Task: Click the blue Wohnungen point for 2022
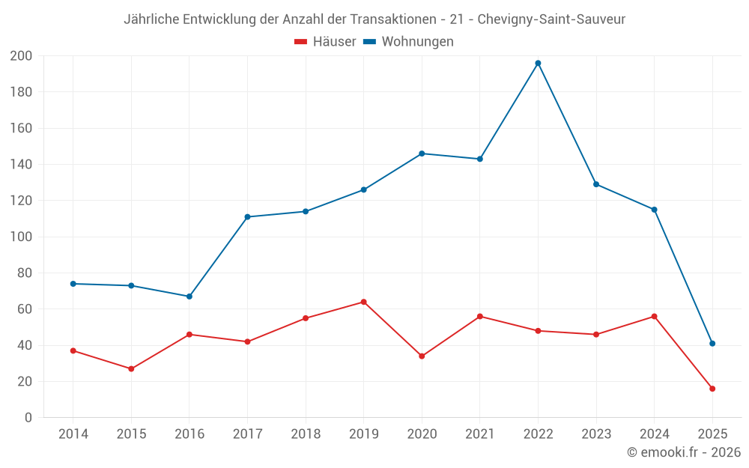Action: coord(538,63)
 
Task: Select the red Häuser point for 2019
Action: coord(363,302)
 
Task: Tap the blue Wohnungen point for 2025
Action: coord(712,344)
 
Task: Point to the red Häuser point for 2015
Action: coord(131,368)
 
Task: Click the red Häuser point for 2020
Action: coord(422,356)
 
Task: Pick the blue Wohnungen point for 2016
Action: coord(189,297)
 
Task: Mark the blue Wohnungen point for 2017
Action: coord(247,217)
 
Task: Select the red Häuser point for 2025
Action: coord(712,389)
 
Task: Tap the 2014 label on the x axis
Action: coord(73,434)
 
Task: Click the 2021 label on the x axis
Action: coord(480,434)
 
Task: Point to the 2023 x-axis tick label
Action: coord(596,434)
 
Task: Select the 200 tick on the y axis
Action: coord(21,56)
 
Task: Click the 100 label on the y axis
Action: coord(21,237)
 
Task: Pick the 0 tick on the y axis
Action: coord(28,418)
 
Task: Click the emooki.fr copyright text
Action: coord(684,452)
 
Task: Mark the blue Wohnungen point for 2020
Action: coord(422,154)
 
